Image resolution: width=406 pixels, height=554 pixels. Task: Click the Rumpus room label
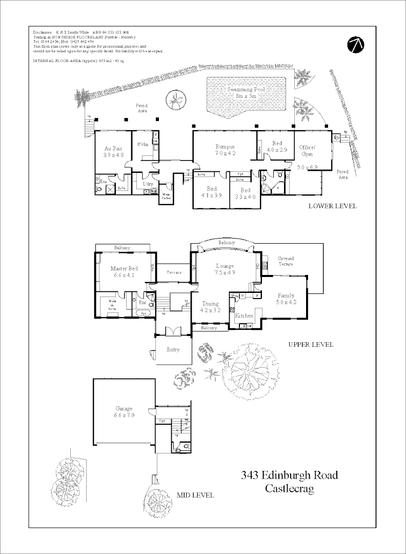(225, 147)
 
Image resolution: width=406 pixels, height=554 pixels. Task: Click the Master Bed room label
(124, 268)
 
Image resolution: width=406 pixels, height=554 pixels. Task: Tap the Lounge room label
(225, 266)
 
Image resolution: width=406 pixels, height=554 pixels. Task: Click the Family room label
(287, 295)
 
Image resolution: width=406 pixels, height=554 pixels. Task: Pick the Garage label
(124, 409)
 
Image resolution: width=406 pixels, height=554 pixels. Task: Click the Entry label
(173, 349)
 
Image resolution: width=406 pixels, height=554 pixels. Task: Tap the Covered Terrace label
(286, 261)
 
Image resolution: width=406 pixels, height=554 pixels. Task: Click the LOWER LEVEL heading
(332, 206)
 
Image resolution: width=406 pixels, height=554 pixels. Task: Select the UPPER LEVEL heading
(311, 344)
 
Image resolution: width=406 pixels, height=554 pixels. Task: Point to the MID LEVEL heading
(195, 495)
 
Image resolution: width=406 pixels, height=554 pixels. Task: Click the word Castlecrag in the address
(289, 488)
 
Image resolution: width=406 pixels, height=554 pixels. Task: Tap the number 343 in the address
(250, 475)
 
